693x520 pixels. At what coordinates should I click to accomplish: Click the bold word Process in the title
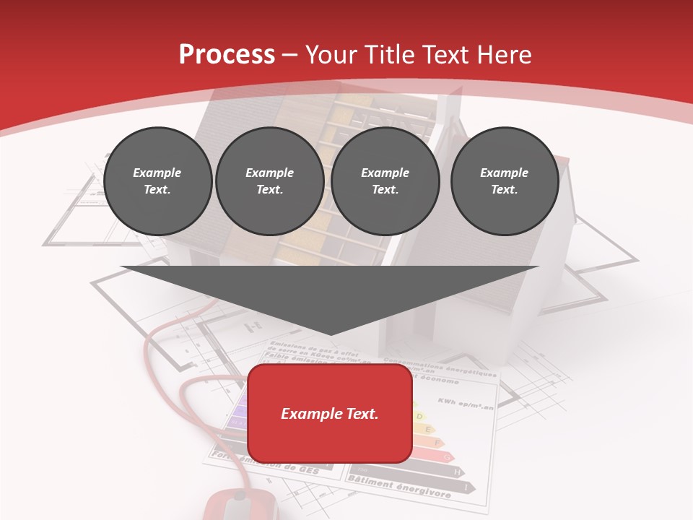point(227,54)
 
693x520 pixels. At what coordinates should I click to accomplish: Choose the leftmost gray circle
point(157,181)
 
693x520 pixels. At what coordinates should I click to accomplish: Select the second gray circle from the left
point(269,181)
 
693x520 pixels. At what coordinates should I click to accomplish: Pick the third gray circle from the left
point(385,181)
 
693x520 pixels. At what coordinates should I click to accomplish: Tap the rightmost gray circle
point(504,181)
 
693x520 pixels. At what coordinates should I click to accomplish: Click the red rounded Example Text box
point(330,413)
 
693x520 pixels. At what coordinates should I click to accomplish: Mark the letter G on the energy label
point(448,457)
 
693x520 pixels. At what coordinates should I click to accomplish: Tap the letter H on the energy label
point(457,472)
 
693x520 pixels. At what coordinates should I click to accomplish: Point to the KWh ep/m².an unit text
point(466,404)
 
